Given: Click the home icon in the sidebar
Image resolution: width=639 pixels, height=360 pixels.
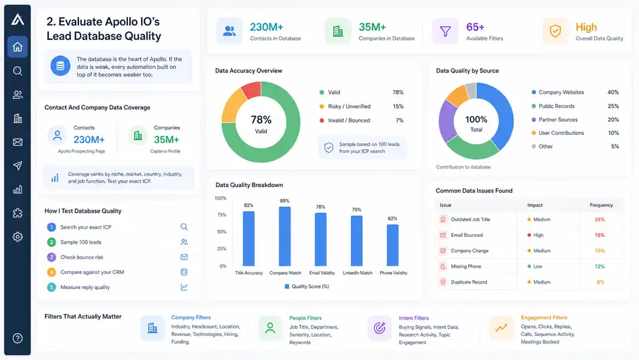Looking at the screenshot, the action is (17, 47).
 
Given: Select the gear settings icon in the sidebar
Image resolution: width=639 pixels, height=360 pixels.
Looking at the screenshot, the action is (17, 237).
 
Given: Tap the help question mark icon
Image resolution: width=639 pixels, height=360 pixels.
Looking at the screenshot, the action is (17, 338).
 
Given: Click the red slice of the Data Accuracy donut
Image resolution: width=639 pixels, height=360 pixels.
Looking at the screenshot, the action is (252, 90).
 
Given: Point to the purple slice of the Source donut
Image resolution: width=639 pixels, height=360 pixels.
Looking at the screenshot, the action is (447, 120).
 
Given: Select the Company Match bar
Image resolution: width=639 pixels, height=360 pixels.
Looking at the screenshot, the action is (285, 236).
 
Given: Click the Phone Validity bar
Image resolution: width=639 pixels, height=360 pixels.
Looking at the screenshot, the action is (393, 245).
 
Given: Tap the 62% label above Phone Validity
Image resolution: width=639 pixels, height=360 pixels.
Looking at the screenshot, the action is (393, 218).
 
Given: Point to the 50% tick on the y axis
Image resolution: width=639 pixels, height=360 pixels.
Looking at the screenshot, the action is (221, 231).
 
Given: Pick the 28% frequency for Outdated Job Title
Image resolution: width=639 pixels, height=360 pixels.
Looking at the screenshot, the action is (600, 220).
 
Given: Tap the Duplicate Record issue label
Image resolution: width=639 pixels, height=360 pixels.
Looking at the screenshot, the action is (468, 282).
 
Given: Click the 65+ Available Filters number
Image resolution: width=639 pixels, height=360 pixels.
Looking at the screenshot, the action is (475, 27).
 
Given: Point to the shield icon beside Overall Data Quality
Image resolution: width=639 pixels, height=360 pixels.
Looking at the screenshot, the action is (555, 31).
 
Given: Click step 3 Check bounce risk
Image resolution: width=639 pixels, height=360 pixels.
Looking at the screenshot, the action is (81, 257).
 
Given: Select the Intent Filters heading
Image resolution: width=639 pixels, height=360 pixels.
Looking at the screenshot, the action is (413, 318).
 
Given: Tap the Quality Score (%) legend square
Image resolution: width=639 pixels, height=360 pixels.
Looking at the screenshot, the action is (287, 286).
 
